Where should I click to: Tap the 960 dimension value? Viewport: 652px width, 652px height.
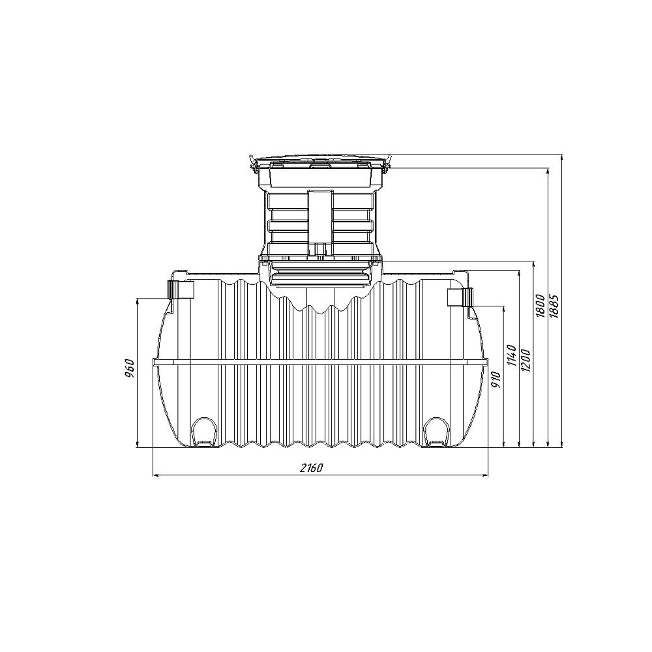coord(130,368)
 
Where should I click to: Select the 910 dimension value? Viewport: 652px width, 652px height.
coord(496,379)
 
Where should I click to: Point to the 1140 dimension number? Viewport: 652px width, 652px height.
coord(511,355)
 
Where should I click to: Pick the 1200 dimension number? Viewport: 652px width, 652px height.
coord(526,360)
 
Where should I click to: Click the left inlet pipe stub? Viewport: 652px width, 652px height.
coord(181,289)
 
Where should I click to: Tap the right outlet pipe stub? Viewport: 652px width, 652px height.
coord(460,297)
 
